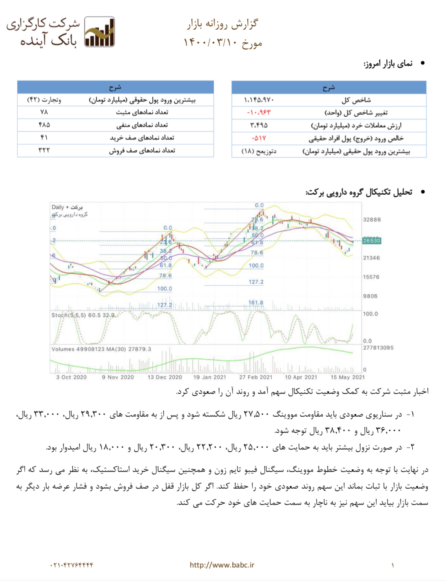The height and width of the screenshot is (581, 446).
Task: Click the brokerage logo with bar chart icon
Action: click(100, 32)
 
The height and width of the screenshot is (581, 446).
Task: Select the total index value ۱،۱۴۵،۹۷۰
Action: click(259, 100)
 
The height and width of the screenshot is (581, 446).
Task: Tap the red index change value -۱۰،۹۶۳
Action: click(259, 113)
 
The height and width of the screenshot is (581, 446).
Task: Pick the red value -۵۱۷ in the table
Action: click(259, 138)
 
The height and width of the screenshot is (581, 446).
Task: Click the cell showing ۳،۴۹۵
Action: click(259, 125)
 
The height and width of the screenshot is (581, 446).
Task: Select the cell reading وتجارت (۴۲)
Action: click(44, 100)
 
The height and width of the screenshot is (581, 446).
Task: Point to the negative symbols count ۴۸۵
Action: click(44, 125)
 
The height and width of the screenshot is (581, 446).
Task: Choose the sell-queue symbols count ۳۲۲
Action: click(44, 150)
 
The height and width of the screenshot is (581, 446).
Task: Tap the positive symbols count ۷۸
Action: click(44, 112)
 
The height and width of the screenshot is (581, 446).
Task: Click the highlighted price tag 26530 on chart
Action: click(372, 241)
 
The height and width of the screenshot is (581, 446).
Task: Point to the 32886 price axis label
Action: click(372, 220)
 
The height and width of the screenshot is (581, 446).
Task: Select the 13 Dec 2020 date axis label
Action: click(165, 377)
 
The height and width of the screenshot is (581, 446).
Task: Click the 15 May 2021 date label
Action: click(347, 377)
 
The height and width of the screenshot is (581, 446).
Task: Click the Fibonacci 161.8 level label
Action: click(255, 302)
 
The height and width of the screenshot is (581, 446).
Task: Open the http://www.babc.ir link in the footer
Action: click(222, 565)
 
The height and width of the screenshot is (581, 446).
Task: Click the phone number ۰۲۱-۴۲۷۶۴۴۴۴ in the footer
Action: click(72, 565)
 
